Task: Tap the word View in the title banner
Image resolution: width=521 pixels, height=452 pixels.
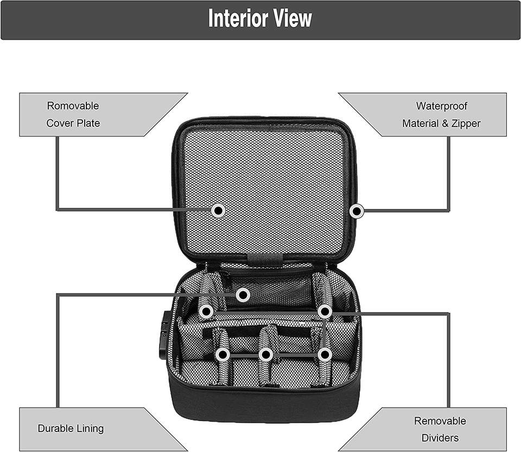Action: (293, 18)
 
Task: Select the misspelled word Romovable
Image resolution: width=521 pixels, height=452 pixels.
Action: (73, 106)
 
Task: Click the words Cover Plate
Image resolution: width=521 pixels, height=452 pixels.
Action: (73, 123)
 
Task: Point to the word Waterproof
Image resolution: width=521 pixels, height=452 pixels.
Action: (441, 106)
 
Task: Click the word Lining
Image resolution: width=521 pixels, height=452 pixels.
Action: (90, 428)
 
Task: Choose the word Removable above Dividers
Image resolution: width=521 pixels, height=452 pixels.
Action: (440, 421)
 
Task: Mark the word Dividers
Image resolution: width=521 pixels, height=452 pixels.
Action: (440, 438)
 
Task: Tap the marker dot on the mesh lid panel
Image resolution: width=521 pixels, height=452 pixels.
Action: (218, 210)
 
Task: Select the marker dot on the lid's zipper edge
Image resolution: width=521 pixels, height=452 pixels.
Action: (356, 211)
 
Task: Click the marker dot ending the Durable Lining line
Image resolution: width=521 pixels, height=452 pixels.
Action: (243, 295)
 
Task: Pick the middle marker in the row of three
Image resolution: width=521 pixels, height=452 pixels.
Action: (265, 355)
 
